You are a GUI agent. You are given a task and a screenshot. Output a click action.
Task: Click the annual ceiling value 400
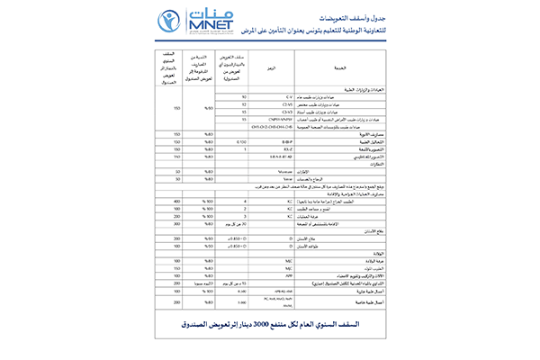tap(149, 202)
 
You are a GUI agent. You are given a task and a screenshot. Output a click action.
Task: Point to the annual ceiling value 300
tap(149, 217)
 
